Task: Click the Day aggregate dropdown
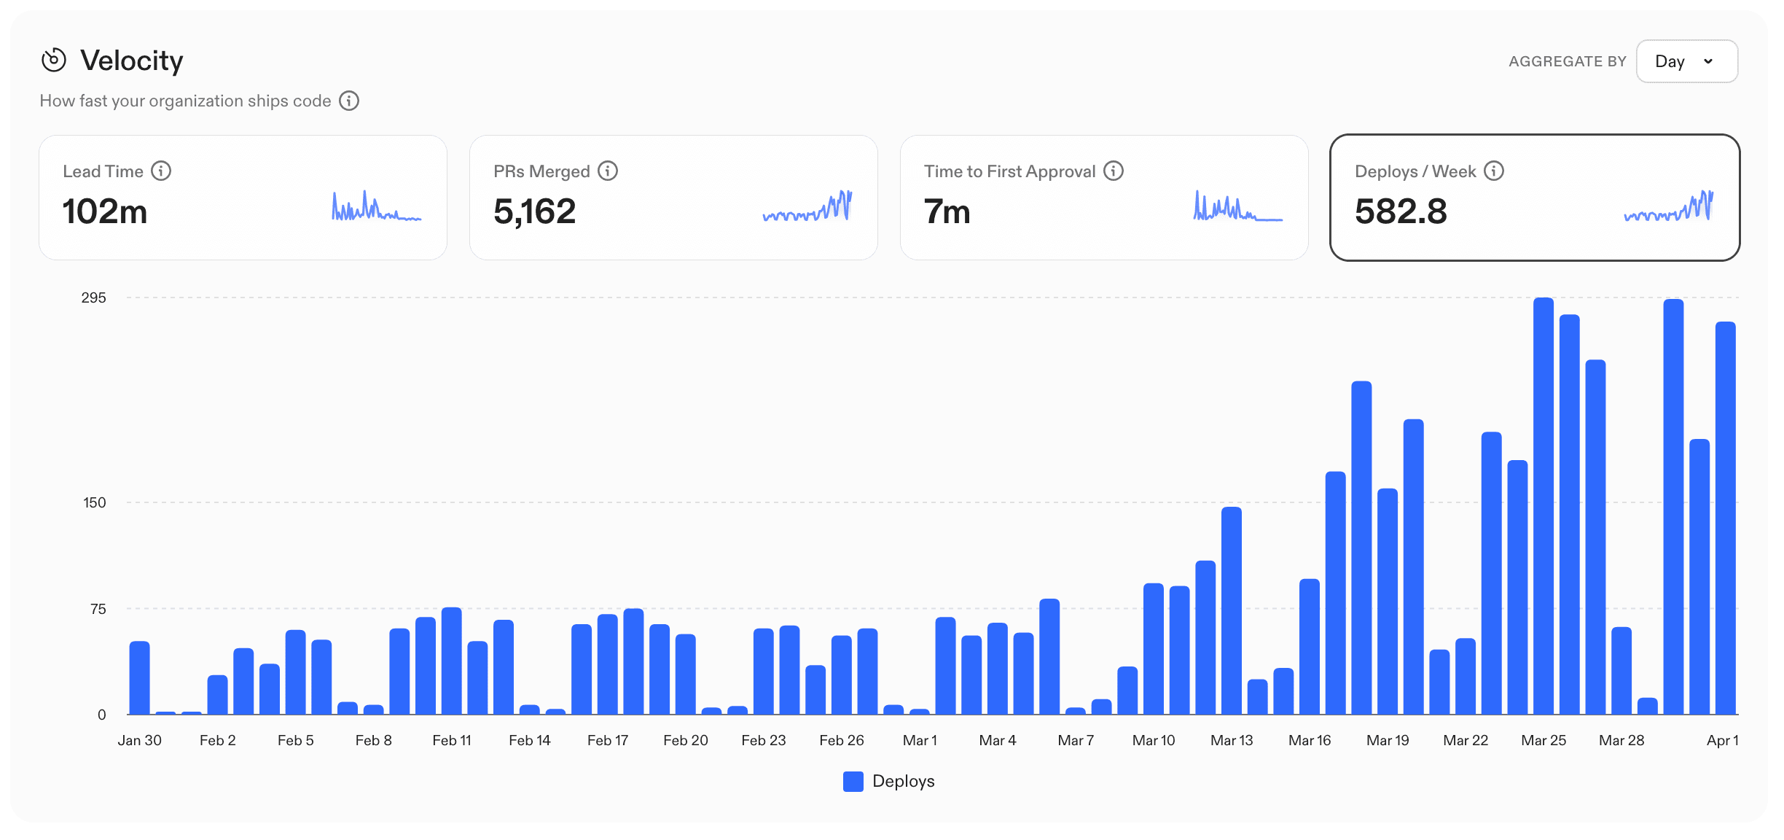coord(1686,61)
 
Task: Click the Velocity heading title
coord(131,61)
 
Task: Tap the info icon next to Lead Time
coord(161,171)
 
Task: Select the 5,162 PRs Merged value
coord(534,211)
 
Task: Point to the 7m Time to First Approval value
coord(947,211)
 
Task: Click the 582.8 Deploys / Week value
coord(1401,211)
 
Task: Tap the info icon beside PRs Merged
coord(608,171)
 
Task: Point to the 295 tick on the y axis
coord(93,297)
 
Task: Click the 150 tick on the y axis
coord(94,502)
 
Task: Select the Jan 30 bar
coord(139,677)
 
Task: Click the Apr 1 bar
coord(1724,518)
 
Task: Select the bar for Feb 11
coord(451,661)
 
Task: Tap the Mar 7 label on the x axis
coord(1075,740)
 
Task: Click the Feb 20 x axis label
coord(685,740)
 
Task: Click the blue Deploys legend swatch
coord(853,781)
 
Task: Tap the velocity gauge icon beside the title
coord(54,61)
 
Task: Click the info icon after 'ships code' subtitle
coord(349,101)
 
